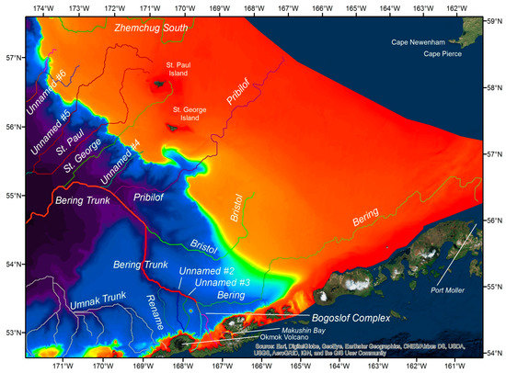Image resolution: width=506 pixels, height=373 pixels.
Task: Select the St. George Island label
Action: [187, 113]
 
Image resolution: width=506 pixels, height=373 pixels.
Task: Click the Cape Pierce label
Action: [443, 54]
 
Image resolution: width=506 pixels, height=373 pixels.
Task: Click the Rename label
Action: [153, 313]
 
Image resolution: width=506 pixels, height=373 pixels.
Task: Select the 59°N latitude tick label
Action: [495, 20]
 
